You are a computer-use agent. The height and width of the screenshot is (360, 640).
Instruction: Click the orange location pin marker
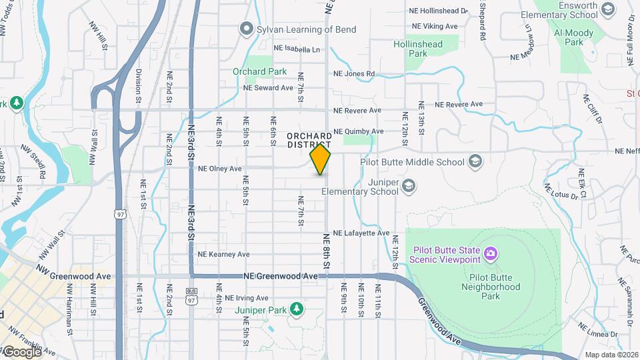(x=321, y=160)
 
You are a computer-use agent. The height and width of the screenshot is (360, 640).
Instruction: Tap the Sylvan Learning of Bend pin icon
(x=246, y=29)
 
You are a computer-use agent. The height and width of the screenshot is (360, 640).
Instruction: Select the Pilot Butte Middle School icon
(x=475, y=161)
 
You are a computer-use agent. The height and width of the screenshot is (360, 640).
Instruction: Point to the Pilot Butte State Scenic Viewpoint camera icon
(x=490, y=253)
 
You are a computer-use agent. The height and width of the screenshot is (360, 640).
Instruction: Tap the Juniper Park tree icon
(x=295, y=309)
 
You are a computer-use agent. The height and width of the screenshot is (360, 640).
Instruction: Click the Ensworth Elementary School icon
(x=607, y=9)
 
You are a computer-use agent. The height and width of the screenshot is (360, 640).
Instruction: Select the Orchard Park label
(x=259, y=71)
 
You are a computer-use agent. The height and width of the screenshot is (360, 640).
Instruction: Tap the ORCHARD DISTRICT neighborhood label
(x=309, y=140)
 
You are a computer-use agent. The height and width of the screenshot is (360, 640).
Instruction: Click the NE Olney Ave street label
(x=220, y=169)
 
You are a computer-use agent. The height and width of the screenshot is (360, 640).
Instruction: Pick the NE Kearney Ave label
(x=223, y=254)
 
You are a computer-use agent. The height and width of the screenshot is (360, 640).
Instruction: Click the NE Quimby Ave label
(x=358, y=131)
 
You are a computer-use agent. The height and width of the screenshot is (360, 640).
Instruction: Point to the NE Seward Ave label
(x=268, y=87)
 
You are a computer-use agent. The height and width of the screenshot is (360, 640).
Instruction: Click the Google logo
(x=22, y=351)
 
